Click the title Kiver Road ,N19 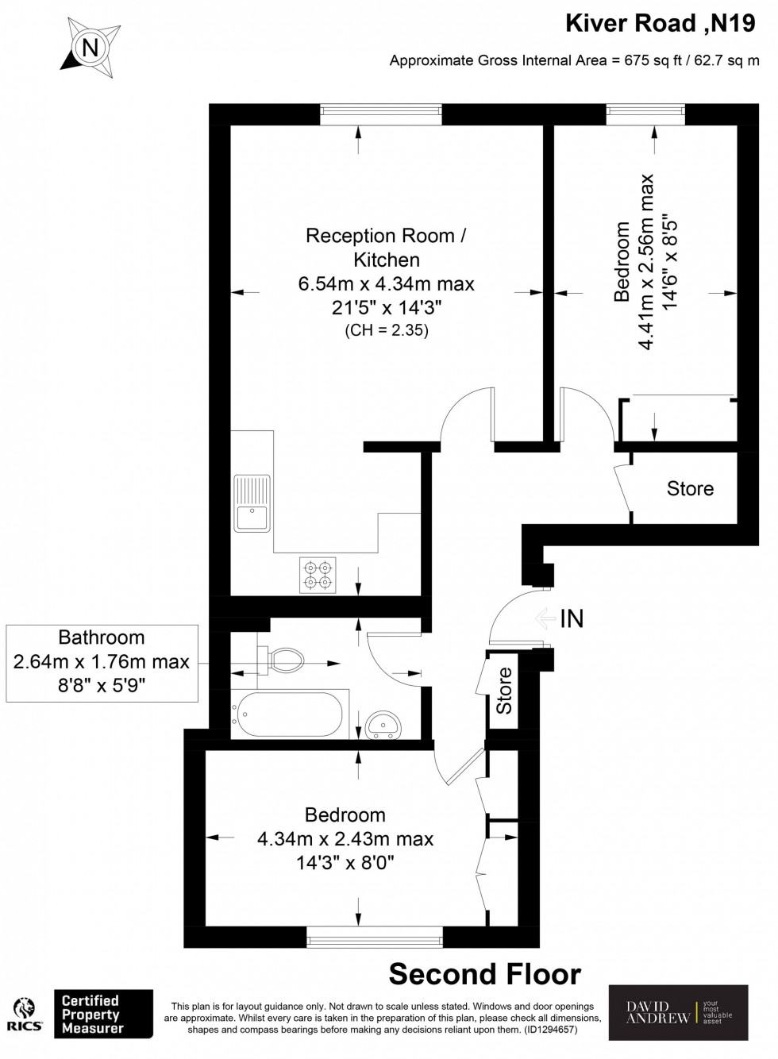pyautogui.click(x=661, y=24)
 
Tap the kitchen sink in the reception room pyautogui.click(x=252, y=503)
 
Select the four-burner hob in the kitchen pyautogui.click(x=318, y=576)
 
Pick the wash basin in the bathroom pyautogui.click(x=385, y=724)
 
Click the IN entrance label pyautogui.click(x=571, y=618)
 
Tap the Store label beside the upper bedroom pyautogui.click(x=690, y=488)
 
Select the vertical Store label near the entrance pyautogui.click(x=504, y=690)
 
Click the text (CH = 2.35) pyautogui.click(x=386, y=331)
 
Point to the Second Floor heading pyautogui.click(x=484, y=973)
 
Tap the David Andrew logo pyautogui.click(x=677, y=1012)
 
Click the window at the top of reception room pyautogui.click(x=381, y=115)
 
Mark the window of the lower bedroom pyautogui.click(x=375, y=938)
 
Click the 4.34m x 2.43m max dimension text pyautogui.click(x=345, y=839)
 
